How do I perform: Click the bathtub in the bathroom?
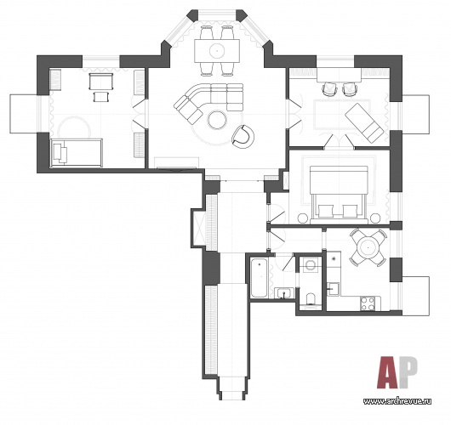coord(259,278)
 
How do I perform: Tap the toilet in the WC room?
coord(311,299)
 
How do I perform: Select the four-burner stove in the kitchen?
coord(368,303)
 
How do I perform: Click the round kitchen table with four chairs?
coord(368,247)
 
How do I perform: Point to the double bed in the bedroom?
coord(339,195)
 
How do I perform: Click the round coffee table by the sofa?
coord(217,120)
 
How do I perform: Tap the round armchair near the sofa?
coord(243,137)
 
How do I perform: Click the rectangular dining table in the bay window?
coord(217,51)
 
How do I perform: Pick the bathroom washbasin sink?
coord(284,292)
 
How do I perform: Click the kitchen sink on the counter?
coord(333,288)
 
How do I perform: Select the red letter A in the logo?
coord(387,372)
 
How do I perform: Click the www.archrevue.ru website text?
coord(397,401)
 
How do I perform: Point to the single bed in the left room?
coord(77,153)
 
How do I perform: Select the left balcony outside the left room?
coord(24,114)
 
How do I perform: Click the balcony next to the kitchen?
coord(415,296)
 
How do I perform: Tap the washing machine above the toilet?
coord(310,264)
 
